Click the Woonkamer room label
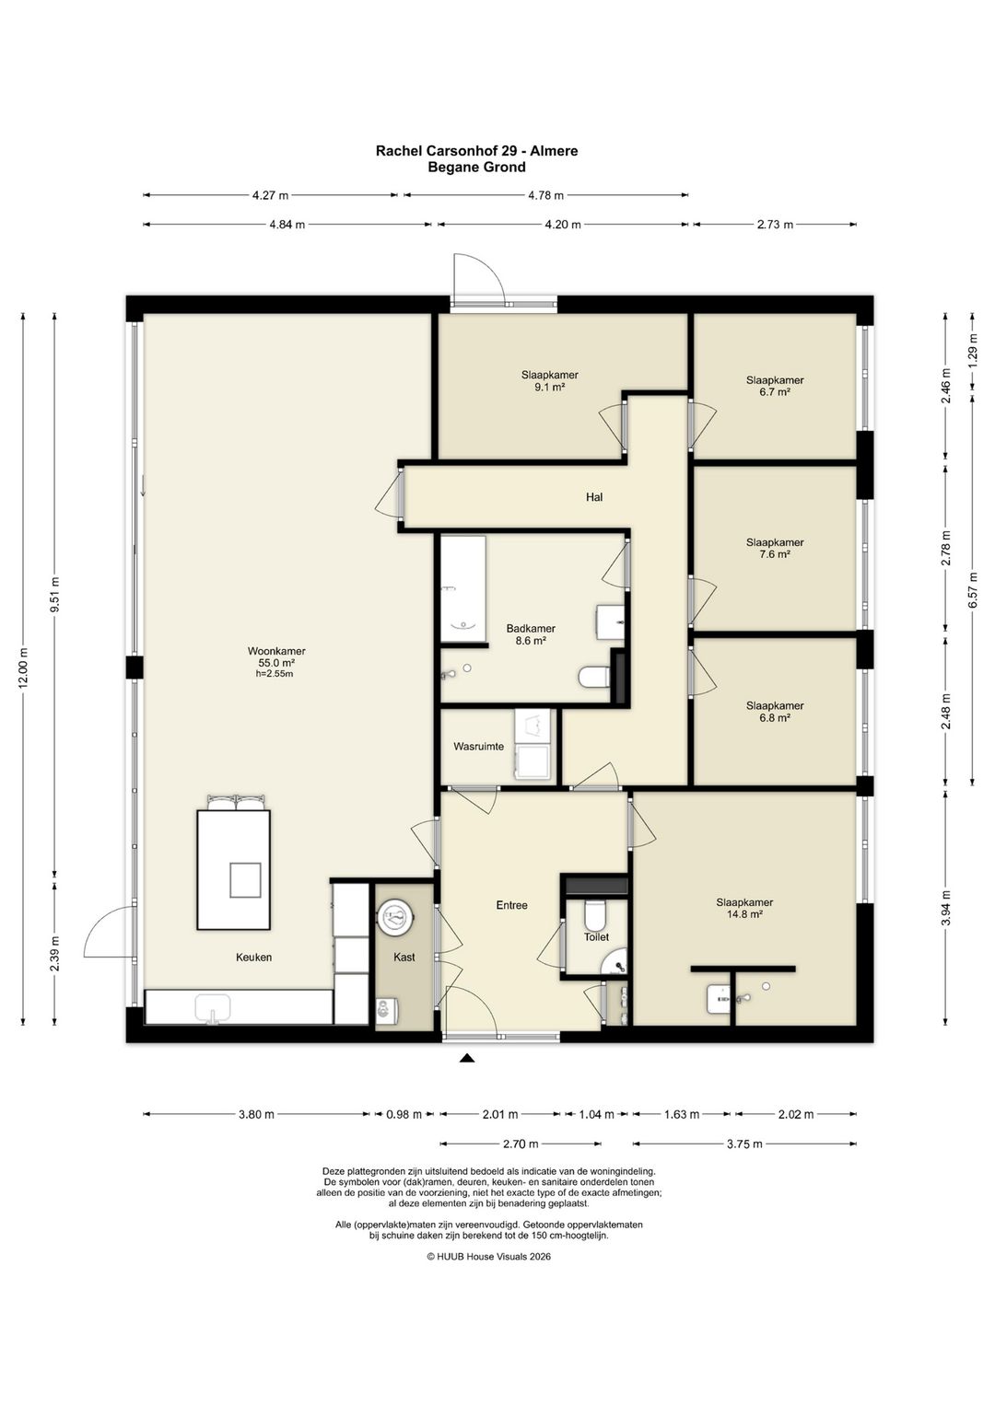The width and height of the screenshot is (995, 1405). click(276, 651)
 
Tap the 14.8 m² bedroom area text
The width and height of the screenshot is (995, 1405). click(744, 914)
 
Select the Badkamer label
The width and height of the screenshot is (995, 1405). click(531, 629)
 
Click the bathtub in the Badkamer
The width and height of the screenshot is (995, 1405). click(463, 589)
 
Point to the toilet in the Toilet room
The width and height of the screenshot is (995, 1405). click(594, 916)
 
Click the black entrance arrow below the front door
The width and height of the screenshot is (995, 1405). click(466, 1059)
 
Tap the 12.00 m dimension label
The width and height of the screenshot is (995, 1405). click(23, 668)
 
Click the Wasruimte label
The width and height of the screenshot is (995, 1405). click(478, 747)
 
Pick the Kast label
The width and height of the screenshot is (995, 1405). click(404, 958)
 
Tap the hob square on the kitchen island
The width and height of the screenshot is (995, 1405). click(245, 880)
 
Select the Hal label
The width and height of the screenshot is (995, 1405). click(594, 497)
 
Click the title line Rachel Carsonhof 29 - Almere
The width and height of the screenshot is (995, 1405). click(476, 151)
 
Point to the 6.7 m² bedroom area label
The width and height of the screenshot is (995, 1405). click(774, 392)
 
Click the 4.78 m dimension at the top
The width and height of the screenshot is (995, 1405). click(545, 195)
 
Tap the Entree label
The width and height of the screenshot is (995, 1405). click(511, 905)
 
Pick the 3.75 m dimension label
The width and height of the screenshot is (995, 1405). click(744, 1144)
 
